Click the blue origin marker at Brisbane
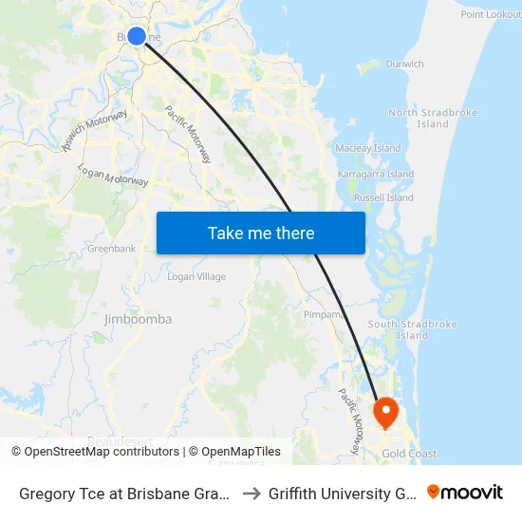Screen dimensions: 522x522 (137, 36)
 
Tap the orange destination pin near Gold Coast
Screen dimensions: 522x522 (386, 412)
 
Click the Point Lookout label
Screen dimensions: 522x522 (490, 14)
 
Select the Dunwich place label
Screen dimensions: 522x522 (404, 65)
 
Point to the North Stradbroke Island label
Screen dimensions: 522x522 (432, 119)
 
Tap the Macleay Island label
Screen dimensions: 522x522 (368, 148)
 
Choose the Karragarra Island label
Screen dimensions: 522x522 (376, 175)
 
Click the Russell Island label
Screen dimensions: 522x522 (382, 198)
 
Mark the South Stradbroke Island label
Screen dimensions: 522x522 (412, 329)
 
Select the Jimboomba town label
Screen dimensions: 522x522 (138, 320)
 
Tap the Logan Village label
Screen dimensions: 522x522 (196, 276)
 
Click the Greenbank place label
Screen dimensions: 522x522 (111, 249)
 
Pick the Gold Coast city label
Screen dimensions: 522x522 (409, 454)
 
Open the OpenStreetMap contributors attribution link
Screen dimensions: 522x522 (102, 452)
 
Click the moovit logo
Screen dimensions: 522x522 (465, 493)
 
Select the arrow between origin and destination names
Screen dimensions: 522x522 (251, 494)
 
